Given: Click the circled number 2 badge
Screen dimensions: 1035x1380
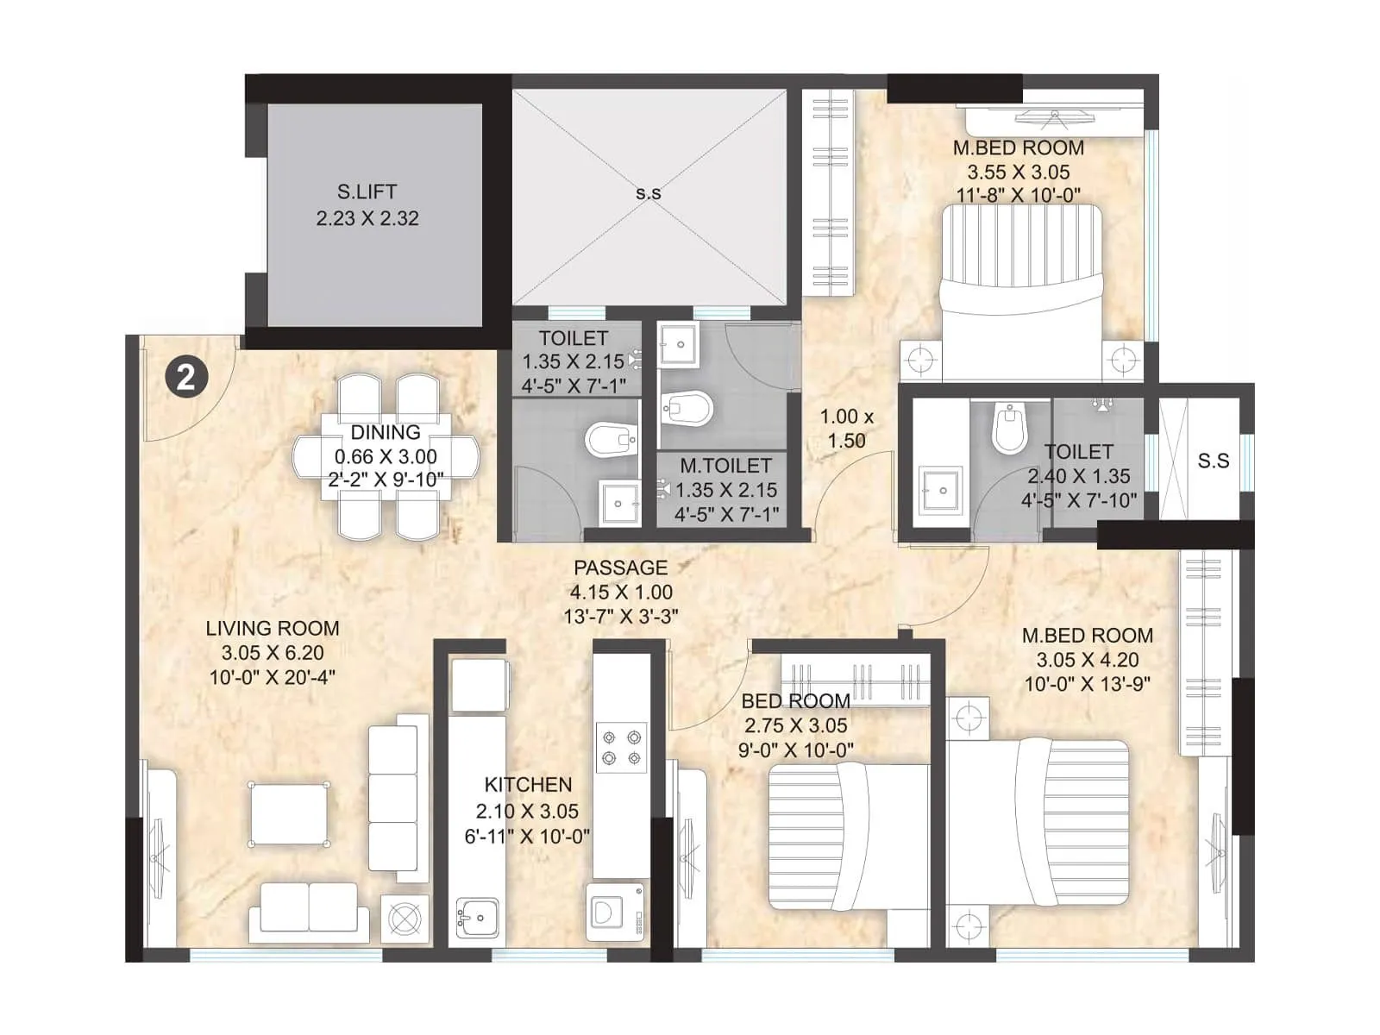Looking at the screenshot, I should (x=186, y=378).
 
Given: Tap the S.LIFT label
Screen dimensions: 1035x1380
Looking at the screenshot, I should (x=367, y=191).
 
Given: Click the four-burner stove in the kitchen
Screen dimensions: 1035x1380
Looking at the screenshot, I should (x=622, y=748).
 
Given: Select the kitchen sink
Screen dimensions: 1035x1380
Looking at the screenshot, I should (x=477, y=916).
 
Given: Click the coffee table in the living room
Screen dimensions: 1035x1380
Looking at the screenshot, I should (x=289, y=814).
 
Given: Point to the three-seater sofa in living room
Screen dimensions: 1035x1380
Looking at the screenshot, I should (x=398, y=798).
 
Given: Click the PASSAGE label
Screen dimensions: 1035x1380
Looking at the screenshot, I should (x=620, y=568).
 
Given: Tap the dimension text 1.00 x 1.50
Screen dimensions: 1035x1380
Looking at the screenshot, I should (x=846, y=429).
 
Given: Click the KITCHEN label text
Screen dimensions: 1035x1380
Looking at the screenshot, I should (x=528, y=785).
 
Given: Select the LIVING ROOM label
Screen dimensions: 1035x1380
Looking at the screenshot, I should (x=272, y=629).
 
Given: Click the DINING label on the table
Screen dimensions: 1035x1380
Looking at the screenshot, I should (x=386, y=433).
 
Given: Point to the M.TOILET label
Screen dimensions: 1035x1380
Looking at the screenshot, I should (x=725, y=466).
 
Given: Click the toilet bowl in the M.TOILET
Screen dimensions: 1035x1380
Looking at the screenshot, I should (x=687, y=407).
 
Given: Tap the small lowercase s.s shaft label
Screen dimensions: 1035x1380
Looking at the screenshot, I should (x=649, y=193).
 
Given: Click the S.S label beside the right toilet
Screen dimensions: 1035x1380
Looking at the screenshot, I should (x=1213, y=461).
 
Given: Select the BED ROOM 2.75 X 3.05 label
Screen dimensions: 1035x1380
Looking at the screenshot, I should (x=796, y=701).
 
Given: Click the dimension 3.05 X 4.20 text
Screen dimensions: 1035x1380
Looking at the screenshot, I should (x=1087, y=660).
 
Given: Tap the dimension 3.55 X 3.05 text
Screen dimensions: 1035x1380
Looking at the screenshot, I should (x=1018, y=172).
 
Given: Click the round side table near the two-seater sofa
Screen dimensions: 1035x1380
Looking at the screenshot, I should (x=404, y=919).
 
